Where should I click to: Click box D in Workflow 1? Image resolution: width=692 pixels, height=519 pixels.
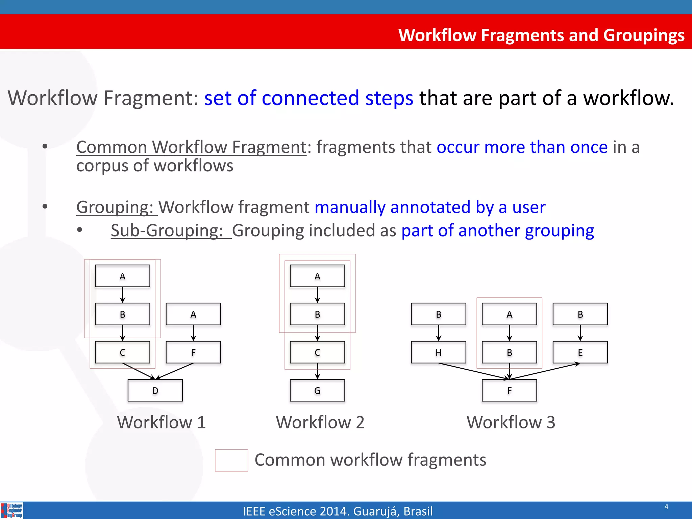click(155, 391)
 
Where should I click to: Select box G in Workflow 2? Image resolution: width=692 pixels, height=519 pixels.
click(317, 391)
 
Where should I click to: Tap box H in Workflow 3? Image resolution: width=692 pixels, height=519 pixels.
click(439, 352)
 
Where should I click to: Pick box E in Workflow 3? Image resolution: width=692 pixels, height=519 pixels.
click(580, 352)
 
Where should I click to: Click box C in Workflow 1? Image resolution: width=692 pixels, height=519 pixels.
click(122, 352)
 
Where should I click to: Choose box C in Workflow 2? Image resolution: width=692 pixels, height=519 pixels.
click(317, 352)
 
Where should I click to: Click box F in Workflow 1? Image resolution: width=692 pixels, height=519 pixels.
click(193, 352)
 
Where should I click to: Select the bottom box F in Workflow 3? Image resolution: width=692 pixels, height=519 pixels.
click(509, 391)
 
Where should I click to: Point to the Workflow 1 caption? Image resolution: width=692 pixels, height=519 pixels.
click(162, 422)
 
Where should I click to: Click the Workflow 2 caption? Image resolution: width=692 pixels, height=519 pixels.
click(320, 422)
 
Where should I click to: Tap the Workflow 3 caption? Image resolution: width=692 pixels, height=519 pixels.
click(511, 422)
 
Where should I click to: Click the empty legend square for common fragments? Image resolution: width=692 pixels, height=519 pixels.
click(231, 460)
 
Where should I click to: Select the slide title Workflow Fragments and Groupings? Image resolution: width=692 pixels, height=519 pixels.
click(541, 35)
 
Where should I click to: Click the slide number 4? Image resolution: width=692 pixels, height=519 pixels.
click(666, 506)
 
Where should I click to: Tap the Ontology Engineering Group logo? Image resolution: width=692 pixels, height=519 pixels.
click(12, 510)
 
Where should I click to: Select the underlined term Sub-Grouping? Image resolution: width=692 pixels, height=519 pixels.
click(167, 231)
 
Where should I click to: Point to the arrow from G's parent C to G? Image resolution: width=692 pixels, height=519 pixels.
click(317, 371)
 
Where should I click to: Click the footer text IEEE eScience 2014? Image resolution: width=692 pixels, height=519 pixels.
click(338, 511)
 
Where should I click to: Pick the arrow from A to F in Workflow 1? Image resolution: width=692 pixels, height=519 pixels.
click(193, 333)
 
